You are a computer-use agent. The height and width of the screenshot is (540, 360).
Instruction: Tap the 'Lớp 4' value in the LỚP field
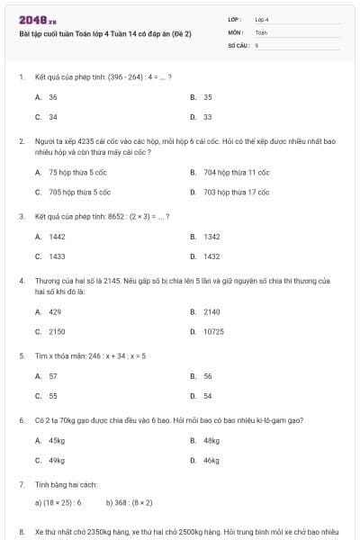262,19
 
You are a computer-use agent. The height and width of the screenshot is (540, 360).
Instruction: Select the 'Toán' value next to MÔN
261,31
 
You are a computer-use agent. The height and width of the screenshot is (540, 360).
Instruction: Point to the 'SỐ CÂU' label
238,44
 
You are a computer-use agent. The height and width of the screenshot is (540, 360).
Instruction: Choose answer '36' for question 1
53,96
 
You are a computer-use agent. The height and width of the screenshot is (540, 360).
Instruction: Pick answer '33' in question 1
208,117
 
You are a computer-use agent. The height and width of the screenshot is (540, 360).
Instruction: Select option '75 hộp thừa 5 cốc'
79,172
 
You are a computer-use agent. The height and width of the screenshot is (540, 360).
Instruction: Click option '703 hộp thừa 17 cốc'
236,192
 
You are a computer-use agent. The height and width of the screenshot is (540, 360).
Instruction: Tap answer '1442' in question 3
57,237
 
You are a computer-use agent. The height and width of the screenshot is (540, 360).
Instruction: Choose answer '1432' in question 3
211,256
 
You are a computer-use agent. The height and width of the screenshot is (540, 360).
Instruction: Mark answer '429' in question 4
55,311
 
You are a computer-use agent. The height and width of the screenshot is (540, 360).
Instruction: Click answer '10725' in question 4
213,331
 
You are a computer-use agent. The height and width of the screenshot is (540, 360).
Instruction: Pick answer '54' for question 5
208,396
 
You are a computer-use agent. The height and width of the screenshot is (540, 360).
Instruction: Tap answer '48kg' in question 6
211,441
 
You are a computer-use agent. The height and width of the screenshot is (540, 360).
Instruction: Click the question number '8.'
22,532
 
